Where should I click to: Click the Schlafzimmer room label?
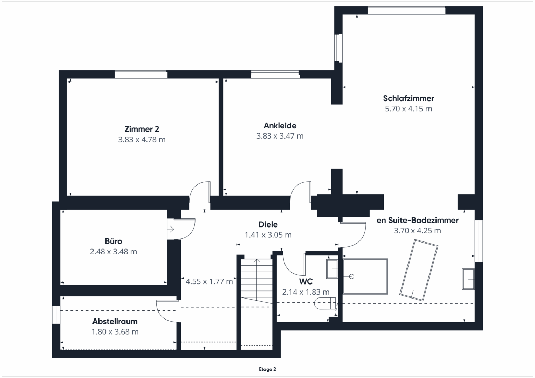[x=409, y=98]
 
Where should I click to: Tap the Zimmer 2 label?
[x=142, y=129]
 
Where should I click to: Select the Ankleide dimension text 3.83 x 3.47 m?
[x=280, y=136]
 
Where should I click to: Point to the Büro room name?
[x=114, y=241]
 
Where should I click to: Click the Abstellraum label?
[x=115, y=321]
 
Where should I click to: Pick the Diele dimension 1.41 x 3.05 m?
[x=268, y=235]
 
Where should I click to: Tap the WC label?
[x=306, y=282]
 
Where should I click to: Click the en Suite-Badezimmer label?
[x=418, y=220]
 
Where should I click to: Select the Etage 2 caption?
[x=268, y=369]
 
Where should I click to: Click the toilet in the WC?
[x=325, y=303]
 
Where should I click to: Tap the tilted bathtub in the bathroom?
[x=419, y=270]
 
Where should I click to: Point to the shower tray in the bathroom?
[x=365, y=276]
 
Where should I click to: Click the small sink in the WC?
[x=332, y=269]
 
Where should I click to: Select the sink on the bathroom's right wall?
[x=468, y=279]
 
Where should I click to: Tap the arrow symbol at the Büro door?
[x=171, y=229]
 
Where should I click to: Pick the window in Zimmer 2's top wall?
[x=141, y=75]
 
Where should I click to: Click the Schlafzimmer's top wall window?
[x=406, y=10]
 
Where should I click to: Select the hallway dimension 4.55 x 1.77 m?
[x=209, y=282]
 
